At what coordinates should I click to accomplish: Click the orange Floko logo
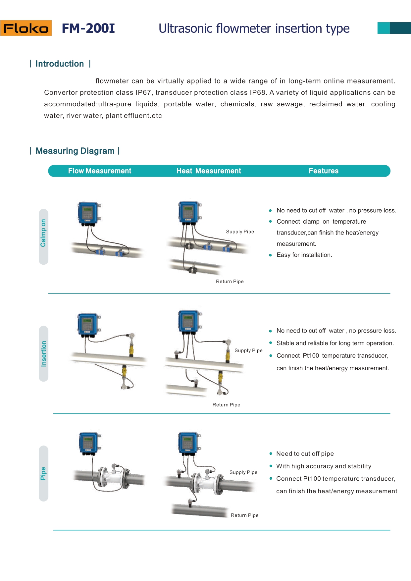[26, 28]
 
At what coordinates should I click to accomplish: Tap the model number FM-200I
[88, 28]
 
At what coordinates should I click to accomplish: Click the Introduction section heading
[60, 64]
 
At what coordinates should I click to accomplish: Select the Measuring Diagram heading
[75, 151]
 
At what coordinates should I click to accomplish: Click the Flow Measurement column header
[100, 171]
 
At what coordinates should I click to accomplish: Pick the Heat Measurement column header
[209, 171]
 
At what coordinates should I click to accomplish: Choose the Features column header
[324, 171]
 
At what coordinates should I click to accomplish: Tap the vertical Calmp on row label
[43, 233]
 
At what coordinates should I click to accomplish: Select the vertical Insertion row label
[43, 353]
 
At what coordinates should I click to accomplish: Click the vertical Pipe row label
[43, 473]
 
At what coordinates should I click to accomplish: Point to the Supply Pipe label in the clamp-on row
[240, 232]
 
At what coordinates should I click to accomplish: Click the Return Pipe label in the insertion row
[226, 405]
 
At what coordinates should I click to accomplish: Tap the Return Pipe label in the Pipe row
[244, 515]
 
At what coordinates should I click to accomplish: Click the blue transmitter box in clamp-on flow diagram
[88, 213]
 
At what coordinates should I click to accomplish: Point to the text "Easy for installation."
[304, 255]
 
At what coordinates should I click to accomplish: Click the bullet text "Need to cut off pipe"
[305, 454]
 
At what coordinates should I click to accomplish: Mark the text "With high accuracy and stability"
[324, 466]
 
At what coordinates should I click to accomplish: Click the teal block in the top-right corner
[394, 28]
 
